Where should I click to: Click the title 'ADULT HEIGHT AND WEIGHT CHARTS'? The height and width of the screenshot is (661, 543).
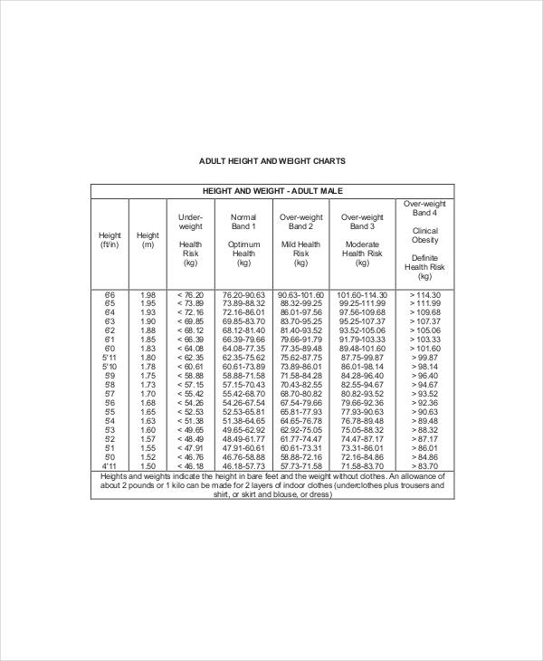[271, 161]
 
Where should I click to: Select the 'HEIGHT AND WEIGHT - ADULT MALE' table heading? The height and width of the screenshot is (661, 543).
[271, 191]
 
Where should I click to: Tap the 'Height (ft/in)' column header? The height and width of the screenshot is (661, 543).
[110, 241]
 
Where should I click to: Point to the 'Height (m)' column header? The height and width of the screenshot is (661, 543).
[148, 241]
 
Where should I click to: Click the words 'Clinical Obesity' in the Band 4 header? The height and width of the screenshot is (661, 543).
[424, 235]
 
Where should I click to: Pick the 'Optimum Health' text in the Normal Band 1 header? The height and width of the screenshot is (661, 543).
[243, 249]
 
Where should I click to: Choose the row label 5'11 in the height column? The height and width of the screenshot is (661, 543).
[110, 358]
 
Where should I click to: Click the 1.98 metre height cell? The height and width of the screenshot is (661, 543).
[148, 295]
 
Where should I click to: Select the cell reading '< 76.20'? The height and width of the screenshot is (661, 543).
[191, 295]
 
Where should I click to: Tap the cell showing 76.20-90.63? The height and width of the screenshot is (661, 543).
[243, 295]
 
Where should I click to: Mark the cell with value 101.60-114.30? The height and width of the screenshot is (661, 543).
[362, 295]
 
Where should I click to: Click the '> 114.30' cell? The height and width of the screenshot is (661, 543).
[424, 295]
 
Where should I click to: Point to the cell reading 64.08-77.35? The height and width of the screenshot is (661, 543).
[243, 348]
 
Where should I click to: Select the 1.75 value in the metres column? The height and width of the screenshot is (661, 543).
[148, 375]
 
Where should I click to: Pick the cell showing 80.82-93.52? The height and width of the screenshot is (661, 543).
[362, 395]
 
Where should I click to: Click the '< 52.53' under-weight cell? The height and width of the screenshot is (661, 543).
[191, 412]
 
